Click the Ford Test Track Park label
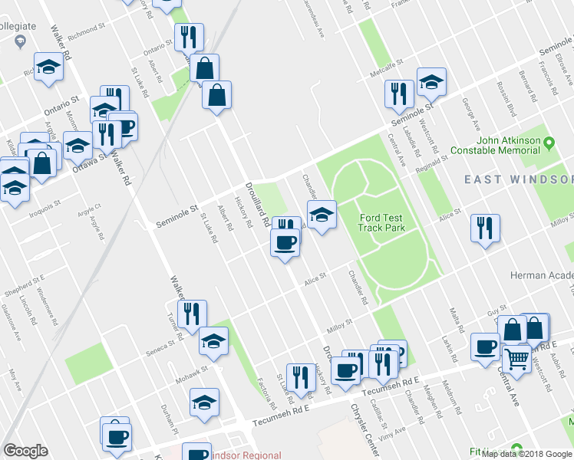[381, 223]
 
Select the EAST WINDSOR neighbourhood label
[518, 179]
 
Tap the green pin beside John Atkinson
[549, 143]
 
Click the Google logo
[25, 450]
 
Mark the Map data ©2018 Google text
[525, 454]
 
